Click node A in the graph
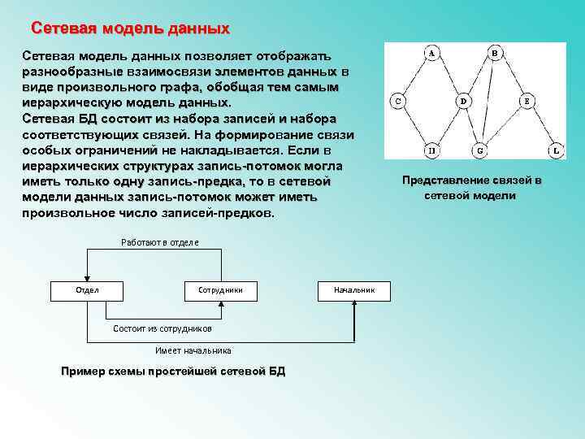431,54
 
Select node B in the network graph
495,54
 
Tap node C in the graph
397,102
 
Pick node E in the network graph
526,102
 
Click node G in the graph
479,150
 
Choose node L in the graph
555,150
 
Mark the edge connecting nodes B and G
487,102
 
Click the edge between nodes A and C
414,77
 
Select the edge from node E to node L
541,126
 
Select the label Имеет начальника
193,350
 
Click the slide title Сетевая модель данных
130,28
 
